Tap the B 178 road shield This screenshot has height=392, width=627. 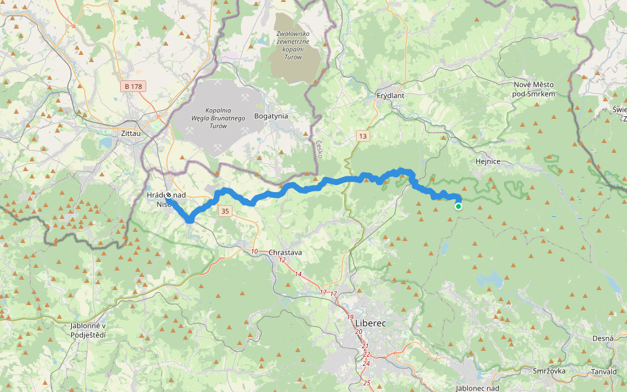(x=133, y=86)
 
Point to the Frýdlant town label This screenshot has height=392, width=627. (x=391, y=95)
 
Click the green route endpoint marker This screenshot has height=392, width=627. (x=458, y=206)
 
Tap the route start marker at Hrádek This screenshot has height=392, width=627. (x=169, y=195)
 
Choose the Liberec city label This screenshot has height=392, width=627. (x=370, y=323)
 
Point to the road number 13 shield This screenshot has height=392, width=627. (x=363, y=136)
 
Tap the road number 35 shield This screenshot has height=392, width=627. (x=225, y=211)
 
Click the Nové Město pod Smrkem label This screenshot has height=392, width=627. (x=534, y=90)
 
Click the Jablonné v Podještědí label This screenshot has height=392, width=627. (x=88, y=330)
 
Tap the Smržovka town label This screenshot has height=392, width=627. (x=549, y=370)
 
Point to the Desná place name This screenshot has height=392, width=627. (x=603, y=338)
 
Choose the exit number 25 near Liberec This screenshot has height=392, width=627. (x=366, y=383)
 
